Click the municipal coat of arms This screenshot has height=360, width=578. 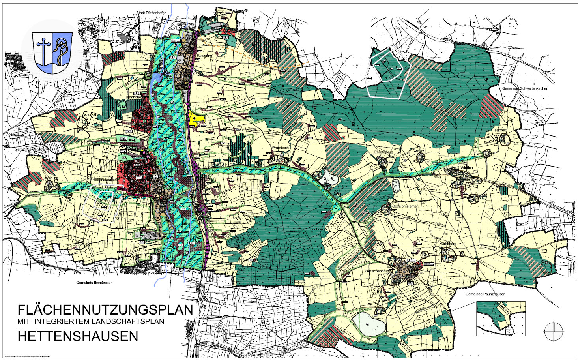coord(52,53)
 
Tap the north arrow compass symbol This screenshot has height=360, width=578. coord(554,331)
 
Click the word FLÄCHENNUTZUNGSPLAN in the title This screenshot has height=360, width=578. coord(105,309)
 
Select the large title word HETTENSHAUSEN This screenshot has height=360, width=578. coord(78,336)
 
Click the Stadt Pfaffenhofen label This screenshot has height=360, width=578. coord(151,13)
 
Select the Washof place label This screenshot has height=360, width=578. coord(90,115)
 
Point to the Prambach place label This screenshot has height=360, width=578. coord(281,148)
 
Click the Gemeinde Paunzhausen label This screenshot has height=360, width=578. coord(485,294)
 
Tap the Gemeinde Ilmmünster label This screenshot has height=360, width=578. coord(94,283)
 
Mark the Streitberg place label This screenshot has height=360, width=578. coord(448,244)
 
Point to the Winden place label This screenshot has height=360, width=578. coord(466,168)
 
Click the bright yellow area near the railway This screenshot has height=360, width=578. coord(196,118)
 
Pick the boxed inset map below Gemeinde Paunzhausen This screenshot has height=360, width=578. coord(501,318)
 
